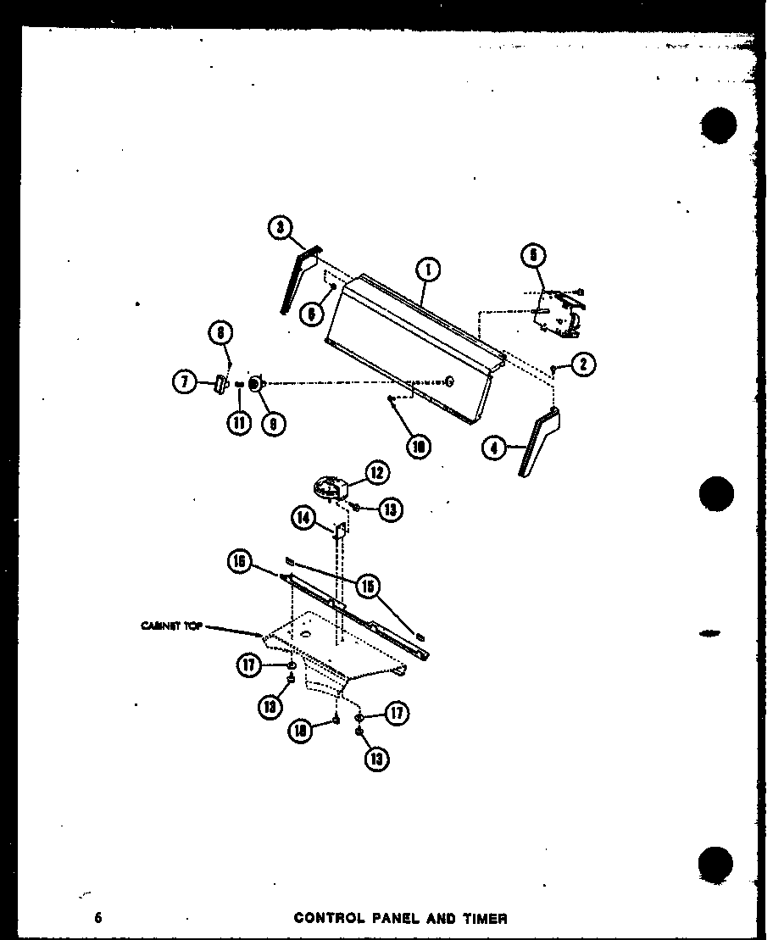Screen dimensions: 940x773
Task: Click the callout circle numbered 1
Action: click(429, 270)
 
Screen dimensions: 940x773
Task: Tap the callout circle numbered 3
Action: click(281, 227)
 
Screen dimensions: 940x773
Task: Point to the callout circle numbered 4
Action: click(493, 448)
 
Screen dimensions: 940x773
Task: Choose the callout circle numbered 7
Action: click(185, 383)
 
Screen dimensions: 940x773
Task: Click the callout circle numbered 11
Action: click(240, 421)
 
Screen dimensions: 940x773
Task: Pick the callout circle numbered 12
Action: click(377, 473)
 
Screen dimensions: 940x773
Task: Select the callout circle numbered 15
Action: click(369, 587)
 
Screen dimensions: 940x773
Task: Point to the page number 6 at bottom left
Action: click(98, 918)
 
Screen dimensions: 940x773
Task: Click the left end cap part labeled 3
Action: click(297, 278)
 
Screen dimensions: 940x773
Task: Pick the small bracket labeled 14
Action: click(339, 531)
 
